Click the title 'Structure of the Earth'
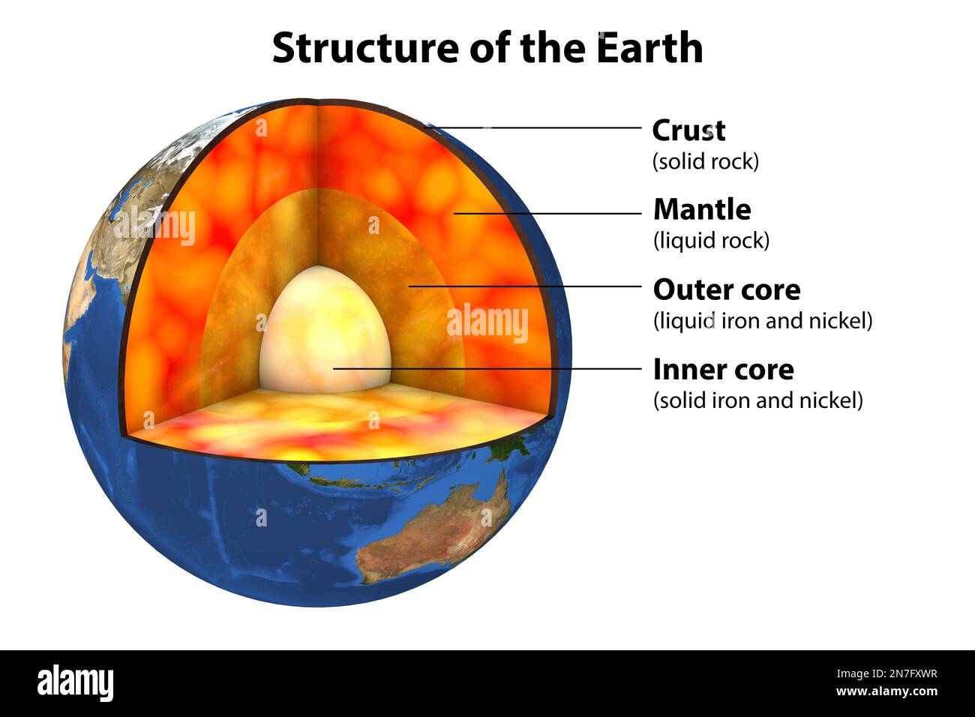coord(487,47)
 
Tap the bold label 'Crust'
coord(688,130)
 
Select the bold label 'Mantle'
coord(702,210)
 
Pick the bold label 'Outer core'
coord(727,290)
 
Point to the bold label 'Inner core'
coord(724,370)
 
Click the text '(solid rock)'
coord(706,161)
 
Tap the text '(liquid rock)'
coord(711,241)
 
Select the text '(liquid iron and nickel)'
coord(763,321)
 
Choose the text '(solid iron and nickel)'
coord(758,400)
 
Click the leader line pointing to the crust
coord(532,127)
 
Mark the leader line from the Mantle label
coord(547,213)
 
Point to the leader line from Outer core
coord(525,286)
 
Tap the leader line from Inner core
coord(487,368)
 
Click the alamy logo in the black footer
coord(75,682)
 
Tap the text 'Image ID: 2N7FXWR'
coord(886,673)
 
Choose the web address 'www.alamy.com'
coord(886,691)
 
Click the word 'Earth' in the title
coord(649,47)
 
